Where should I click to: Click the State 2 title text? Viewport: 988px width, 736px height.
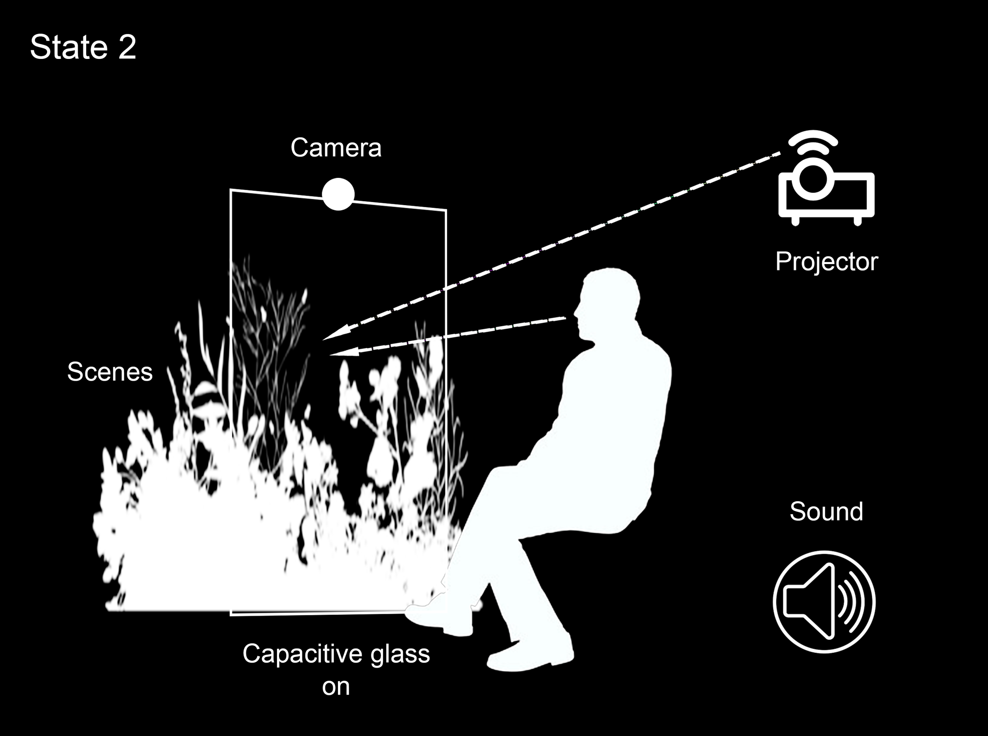(83, 47)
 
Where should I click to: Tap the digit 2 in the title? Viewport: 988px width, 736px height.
(127, 47)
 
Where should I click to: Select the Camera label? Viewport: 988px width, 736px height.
(336, 147)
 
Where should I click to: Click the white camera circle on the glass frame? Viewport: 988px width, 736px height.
(338, 194)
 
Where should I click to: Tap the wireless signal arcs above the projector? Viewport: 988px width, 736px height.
(813, 142)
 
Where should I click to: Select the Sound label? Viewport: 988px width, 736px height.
(826, 511)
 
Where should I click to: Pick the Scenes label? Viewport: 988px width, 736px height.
(109, 372)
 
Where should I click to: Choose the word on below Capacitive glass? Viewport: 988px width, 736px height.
(336, 687)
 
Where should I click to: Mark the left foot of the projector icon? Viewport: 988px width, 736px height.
(796, 220)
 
